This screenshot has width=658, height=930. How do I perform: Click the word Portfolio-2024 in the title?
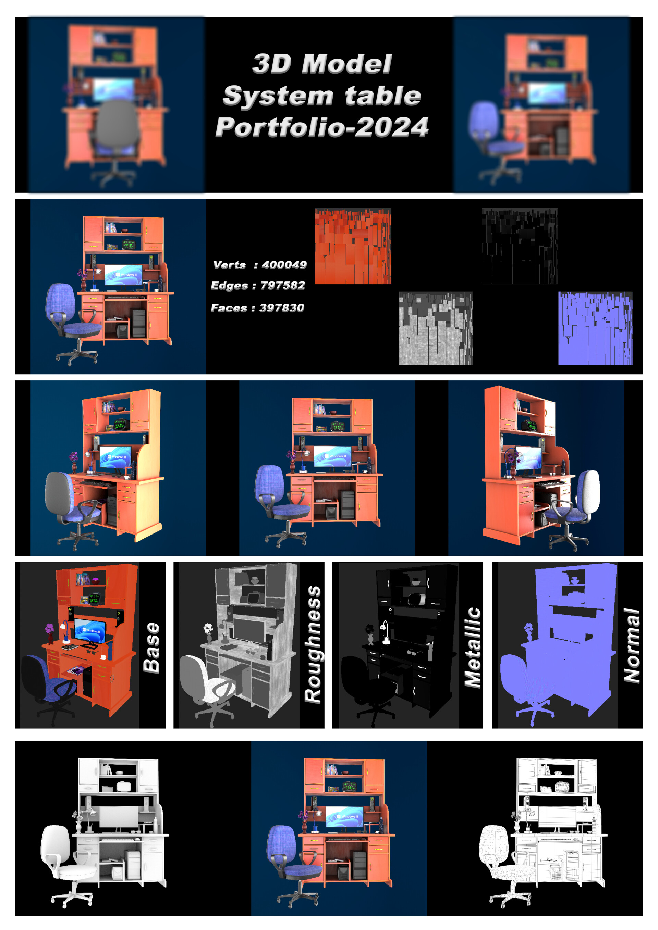click(x=322, y=127)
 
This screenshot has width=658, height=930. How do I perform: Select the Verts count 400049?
click(x=284, y=265)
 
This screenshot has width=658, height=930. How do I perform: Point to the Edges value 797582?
click(x=283, y=285)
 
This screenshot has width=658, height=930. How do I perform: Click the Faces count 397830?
click(x=282, y=308)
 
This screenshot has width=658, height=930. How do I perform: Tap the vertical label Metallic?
click(x=472, y=647)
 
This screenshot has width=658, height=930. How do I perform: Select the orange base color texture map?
click(x=353, y=246)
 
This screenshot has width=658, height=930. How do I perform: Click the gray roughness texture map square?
click(x=436, y=328)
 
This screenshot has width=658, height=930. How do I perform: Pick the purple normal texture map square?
click(x=595, y=328)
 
